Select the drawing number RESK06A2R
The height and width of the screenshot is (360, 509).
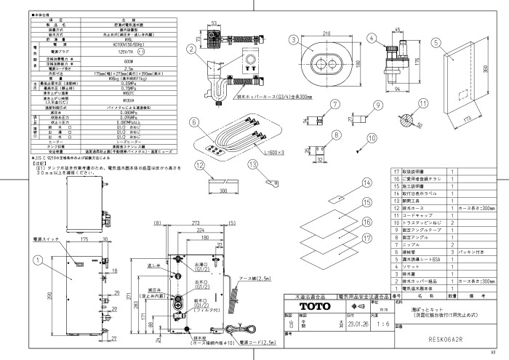tap(442, 338)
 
